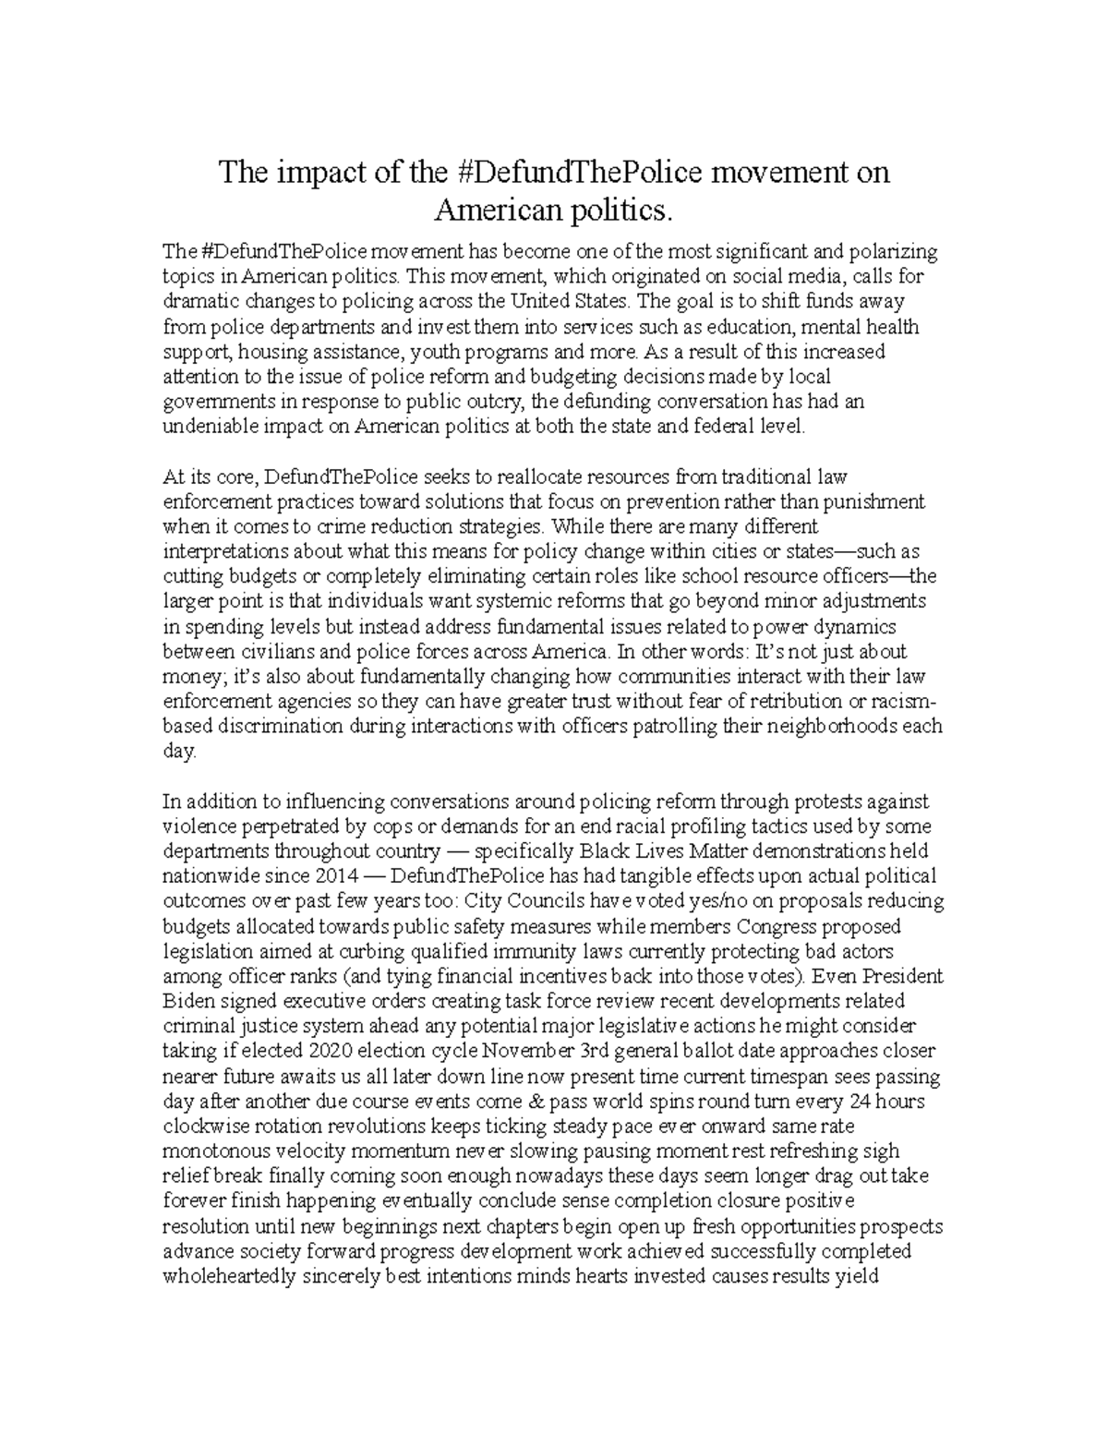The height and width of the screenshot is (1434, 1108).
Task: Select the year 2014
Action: (x=316, y=875)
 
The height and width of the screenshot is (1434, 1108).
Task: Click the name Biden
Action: (x=188, y=1001)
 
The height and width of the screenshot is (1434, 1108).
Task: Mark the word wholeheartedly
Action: (x=229, y=1277)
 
